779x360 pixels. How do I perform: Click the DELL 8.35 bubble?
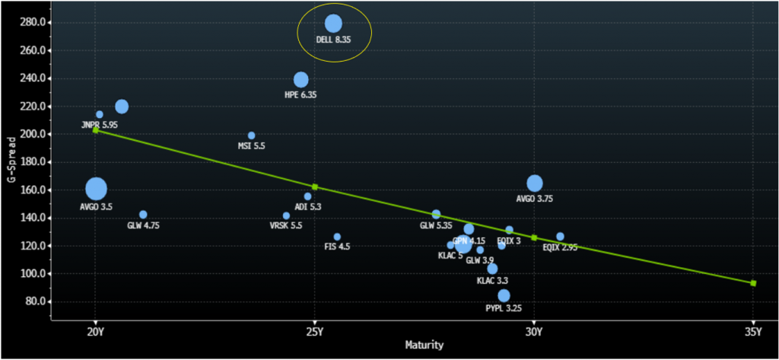click(333, 24)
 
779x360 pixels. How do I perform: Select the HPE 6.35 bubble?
click(300, 80)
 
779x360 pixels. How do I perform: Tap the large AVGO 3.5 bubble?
click(96, 188)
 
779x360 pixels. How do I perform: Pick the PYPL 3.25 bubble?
click(504, 296)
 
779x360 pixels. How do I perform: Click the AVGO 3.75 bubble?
click(534, 183)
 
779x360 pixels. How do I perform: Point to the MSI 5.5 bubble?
click(251, 135)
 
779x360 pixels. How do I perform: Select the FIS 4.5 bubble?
click(337, 237)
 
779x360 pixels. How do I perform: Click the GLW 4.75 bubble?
click(143, 215)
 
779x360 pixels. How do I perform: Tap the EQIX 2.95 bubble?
click(560, 237)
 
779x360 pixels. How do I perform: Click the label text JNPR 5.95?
click(100, 125)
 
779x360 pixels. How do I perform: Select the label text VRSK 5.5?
click(285, 226)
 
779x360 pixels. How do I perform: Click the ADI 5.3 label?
click(307, 207)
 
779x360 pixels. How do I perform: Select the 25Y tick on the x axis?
click(315, 332)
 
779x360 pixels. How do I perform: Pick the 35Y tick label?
click(753, 332)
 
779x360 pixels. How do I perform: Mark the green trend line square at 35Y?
click(753, 283)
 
